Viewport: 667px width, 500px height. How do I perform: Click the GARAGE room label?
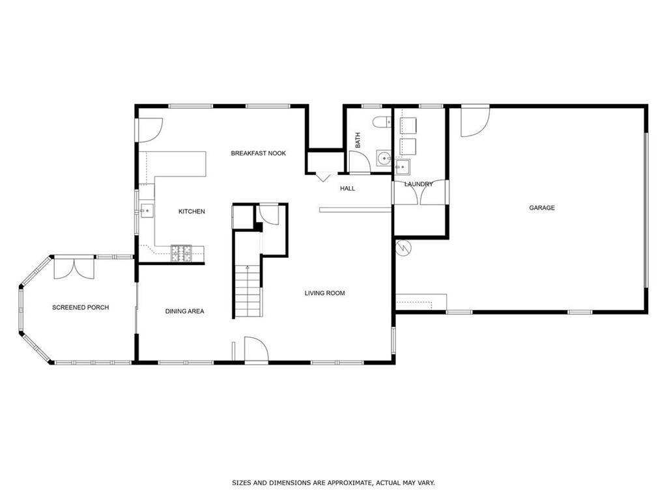coord(541,208)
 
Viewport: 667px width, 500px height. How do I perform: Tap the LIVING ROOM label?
coord(324,293)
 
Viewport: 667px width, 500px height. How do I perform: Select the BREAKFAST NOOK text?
coord(259,154)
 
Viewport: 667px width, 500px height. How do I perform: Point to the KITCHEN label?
coord(192,212)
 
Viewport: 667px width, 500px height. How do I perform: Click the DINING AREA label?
coord(184,311)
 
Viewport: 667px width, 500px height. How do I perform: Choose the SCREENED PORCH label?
coord(80,307)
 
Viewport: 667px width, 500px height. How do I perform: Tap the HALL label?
coord(347,189)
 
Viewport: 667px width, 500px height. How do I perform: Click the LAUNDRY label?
coord(418,184)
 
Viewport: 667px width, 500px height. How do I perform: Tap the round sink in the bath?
coord(383,158)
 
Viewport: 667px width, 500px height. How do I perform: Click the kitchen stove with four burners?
coord(180,253)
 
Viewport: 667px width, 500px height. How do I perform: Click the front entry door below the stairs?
coord(255,349)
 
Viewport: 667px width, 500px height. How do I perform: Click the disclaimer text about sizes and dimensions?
coord(333,483)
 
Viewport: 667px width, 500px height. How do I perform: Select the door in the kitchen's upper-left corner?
coord(148,129)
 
